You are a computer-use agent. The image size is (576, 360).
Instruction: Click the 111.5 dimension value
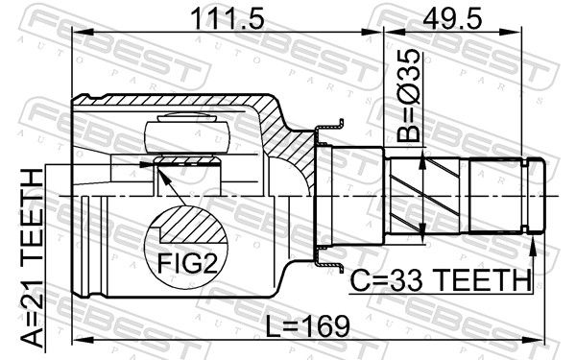[228, 19]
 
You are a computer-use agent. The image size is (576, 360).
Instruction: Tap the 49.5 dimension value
[452, 19]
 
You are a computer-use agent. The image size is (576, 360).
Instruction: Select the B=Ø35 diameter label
[408, 95]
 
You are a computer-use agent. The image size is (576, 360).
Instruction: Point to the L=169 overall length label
[307, 326]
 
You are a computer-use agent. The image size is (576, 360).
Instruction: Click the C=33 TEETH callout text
[441, 280]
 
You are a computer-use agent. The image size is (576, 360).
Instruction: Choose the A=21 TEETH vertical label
[32, 258]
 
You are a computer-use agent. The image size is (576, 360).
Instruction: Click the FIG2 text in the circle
[187, 263]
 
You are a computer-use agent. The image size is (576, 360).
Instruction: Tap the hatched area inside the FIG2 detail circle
[191, 226]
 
